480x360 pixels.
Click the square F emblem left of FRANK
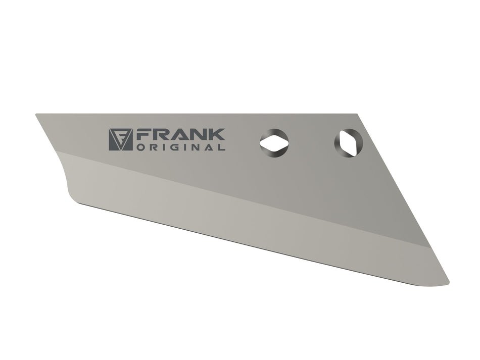pos(120,139)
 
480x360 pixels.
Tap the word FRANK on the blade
pos(180,135)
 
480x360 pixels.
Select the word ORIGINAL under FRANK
pos(180,148)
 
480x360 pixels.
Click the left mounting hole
pos(274,143)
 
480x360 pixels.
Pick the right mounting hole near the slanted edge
pos(348,142)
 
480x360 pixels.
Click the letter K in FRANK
pos(217,135)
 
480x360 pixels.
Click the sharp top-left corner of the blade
pos(36,115)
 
